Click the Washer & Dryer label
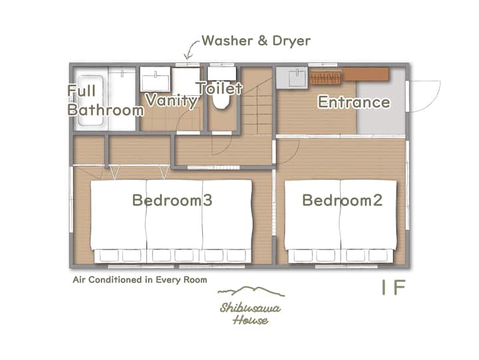pyautogui.click(x=256, y=41)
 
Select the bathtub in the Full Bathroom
pyautogui.click(x=90, y=100)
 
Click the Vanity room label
pyautogui.click(x=172, y=100)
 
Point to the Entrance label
pyautogui.click(x=354, y=102)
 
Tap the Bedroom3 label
pyautogui.click(x=172, y=200)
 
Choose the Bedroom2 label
pyautogui.click(x=342, y=200)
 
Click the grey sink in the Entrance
pyautogui.click(x=292, y=78)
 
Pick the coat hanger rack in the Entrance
pyautogui.click(x=325, y=79)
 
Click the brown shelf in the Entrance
pyautogui.click(x=365, y=75)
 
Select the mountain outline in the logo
pyautogui.click(x=251, y=291)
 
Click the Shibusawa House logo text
pyautogui.click(x=251, y=313)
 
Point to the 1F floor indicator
pyautogui.click(x=393, y=287)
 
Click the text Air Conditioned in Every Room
pyautogui.click(x=140, y=280)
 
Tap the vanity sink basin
pyautogui.click(x=155, y=79)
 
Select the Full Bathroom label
pyautogui.click(x=105, y=100)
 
